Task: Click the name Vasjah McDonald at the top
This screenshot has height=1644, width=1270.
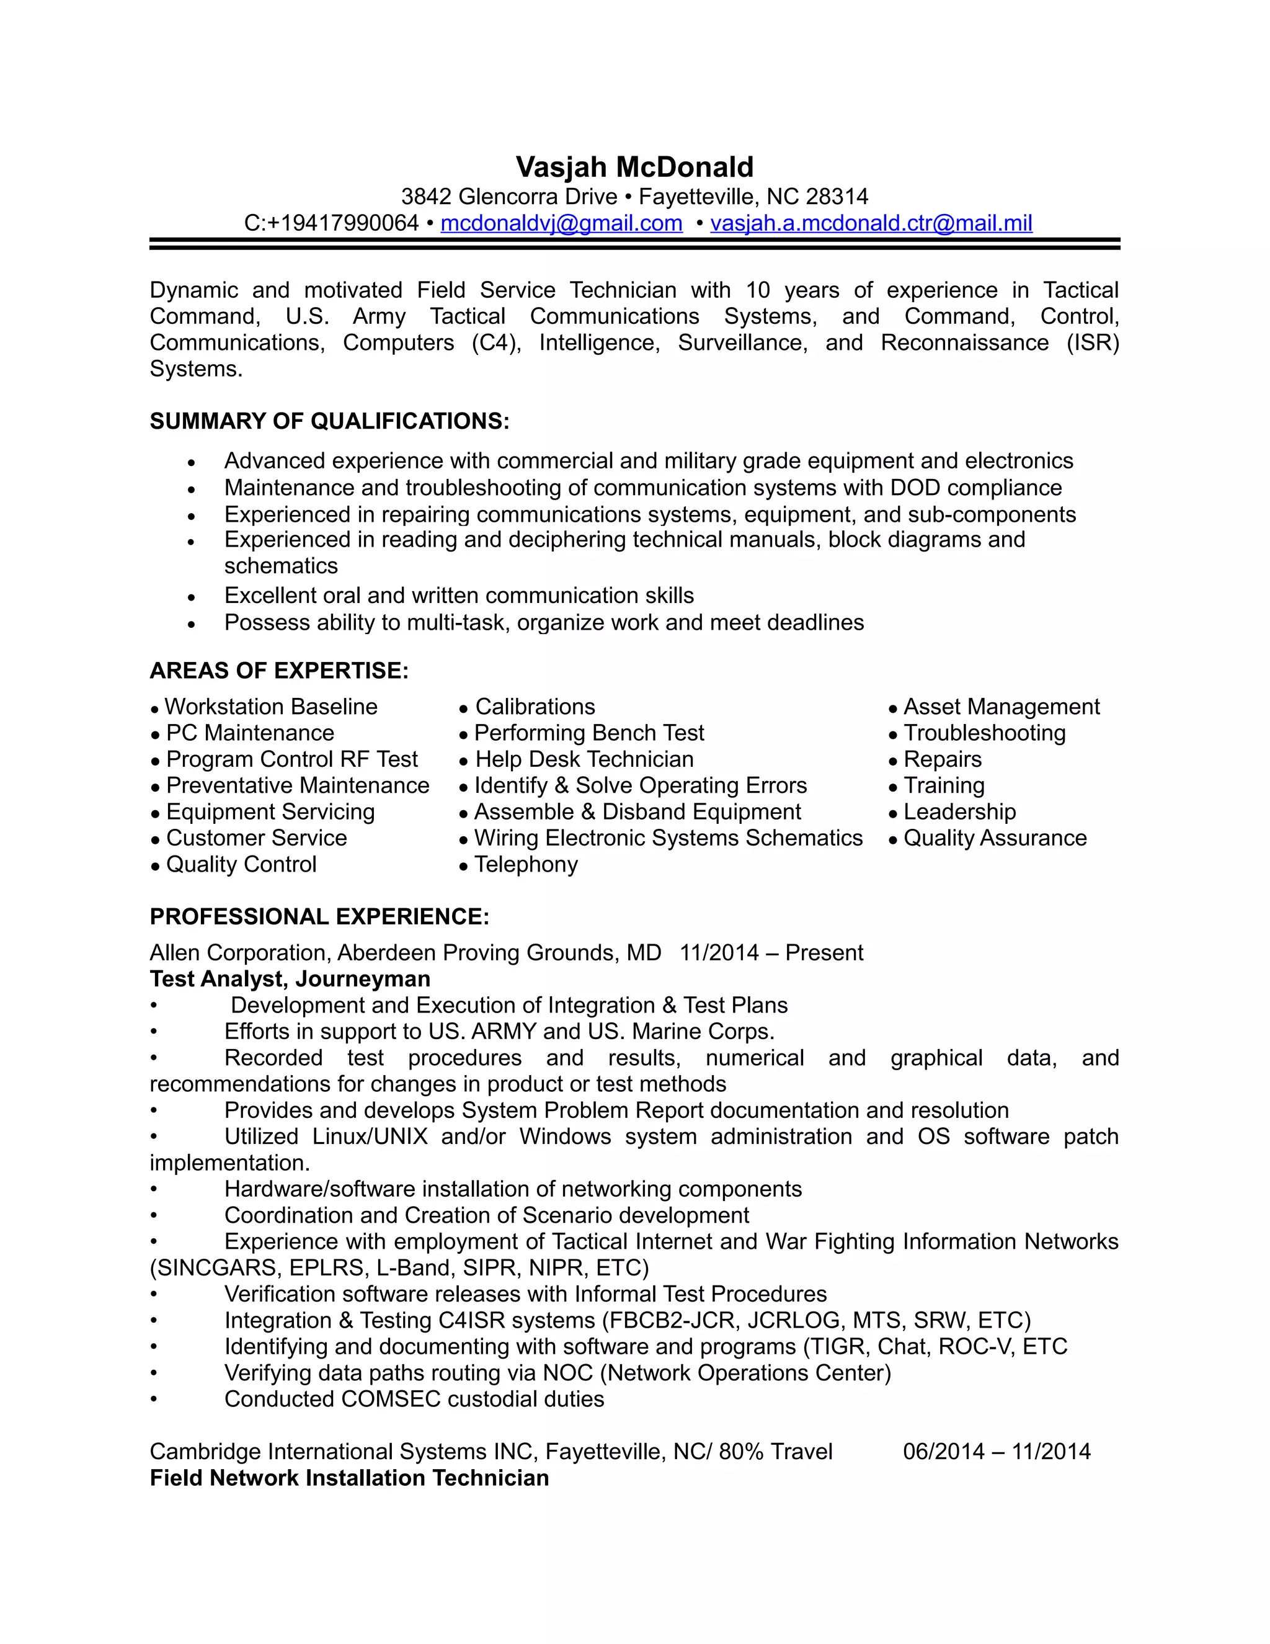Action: (634, 167)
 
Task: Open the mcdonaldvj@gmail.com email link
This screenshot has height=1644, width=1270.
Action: (561, 223)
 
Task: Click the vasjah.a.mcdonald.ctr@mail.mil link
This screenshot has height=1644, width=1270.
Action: (871, 223)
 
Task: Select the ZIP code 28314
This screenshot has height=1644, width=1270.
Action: (837, 197)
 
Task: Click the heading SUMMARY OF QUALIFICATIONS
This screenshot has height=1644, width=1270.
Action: (329, 421)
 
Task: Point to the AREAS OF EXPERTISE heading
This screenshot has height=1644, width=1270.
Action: (279, 671)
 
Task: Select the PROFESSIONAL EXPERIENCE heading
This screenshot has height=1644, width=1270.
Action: (320, 917)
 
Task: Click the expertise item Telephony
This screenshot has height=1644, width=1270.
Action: (526, 865)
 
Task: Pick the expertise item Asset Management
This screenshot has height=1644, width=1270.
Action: (1001, 707)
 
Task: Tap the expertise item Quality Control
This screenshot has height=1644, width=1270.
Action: (241, 865)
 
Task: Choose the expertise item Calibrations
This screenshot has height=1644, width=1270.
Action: (535, 707)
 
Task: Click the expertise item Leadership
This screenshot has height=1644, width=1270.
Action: (959, 812)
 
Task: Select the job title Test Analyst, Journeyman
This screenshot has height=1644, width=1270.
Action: (290, 980)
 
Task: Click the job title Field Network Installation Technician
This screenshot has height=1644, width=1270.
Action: (349, 1478)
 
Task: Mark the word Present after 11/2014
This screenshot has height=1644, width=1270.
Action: (824, 953)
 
